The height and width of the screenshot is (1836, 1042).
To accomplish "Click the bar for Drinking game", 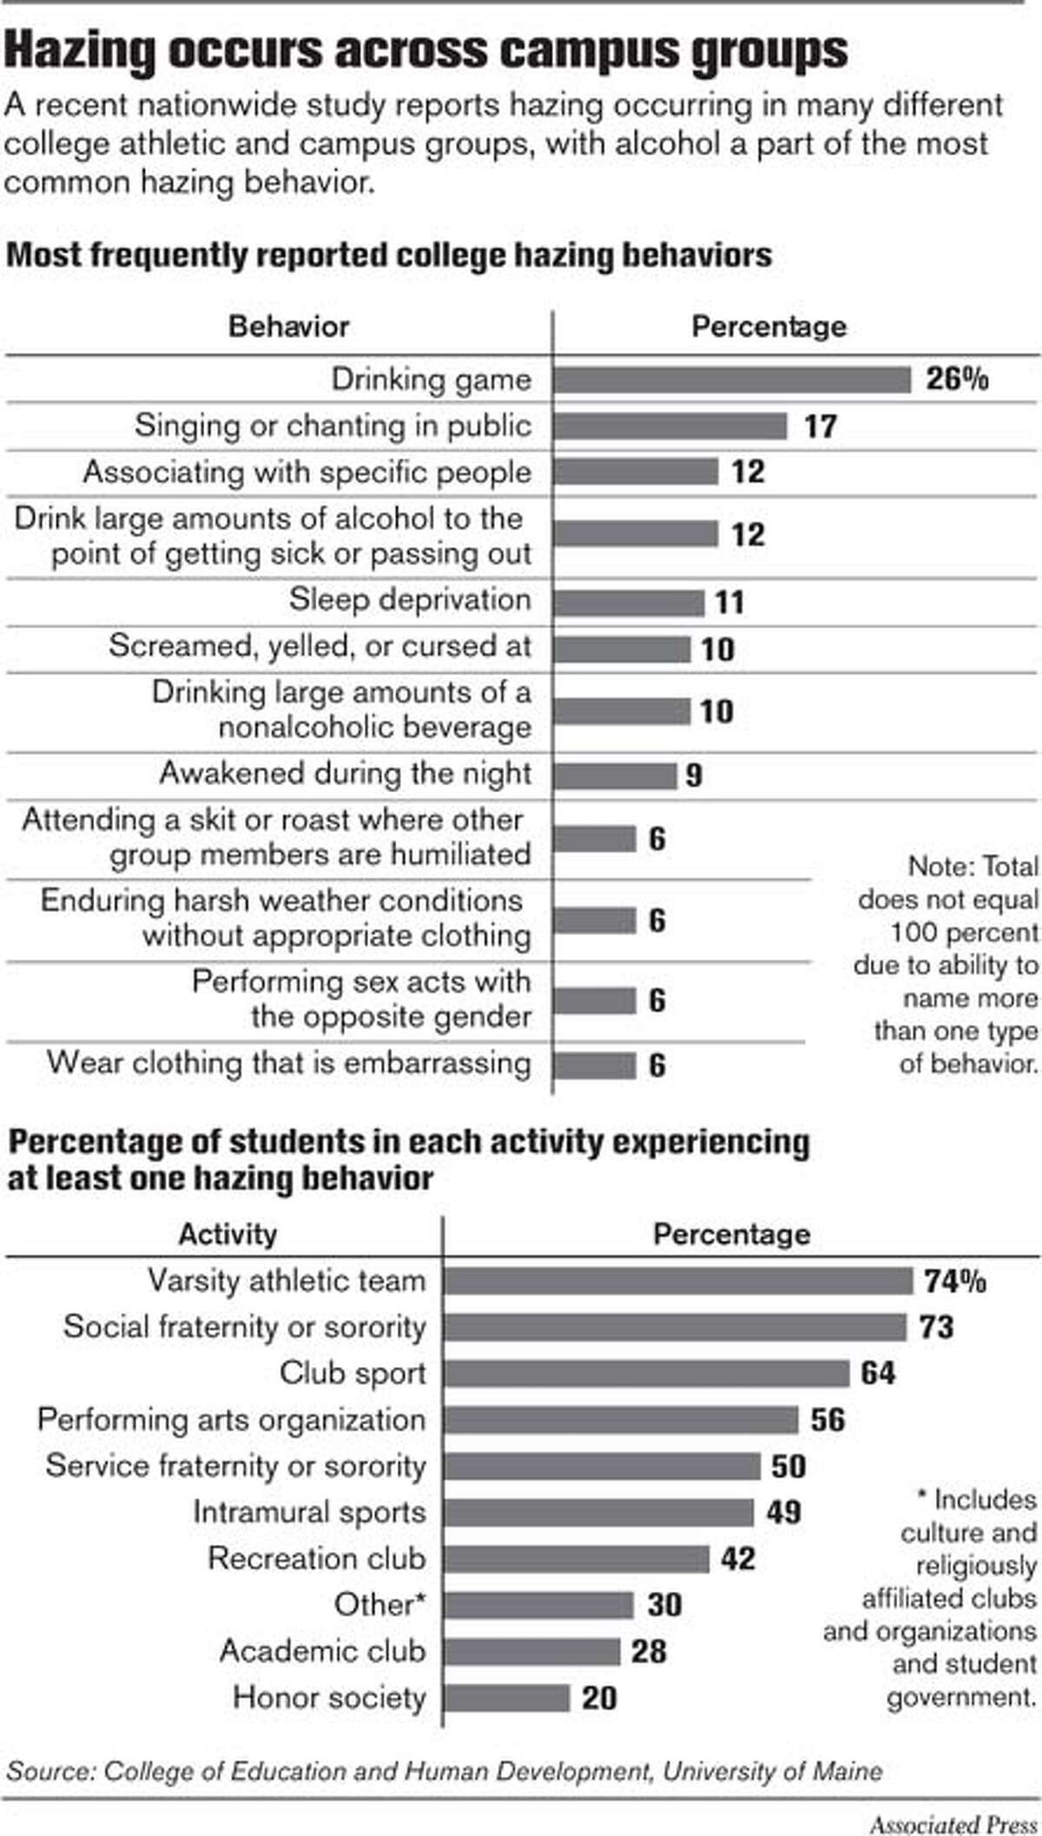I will tap(732, 380).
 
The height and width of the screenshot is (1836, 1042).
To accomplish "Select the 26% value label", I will tap(956, 380).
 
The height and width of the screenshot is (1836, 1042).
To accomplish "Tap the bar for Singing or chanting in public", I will tap(669, 426).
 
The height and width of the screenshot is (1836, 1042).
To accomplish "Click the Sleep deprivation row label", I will tap(410, 600).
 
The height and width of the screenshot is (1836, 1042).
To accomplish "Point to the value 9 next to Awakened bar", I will tap(693, 775).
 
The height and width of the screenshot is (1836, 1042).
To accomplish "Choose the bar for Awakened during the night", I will tap(615, 775).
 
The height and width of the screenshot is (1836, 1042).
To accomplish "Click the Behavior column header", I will tap(288, 327).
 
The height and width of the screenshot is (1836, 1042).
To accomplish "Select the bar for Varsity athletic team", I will tap(677, 1281).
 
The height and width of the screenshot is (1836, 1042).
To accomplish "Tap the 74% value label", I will tap(954, 1281).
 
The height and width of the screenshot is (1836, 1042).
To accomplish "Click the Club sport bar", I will tap(646, 1373).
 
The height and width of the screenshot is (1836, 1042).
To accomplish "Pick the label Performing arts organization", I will tap(232, 1419).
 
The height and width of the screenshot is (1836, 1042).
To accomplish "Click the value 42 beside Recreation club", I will tap(737, 1558).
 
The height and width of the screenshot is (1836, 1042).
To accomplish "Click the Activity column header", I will tap(228, 1234).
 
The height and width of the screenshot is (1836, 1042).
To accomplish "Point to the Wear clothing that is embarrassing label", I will tap(288, 1063).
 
